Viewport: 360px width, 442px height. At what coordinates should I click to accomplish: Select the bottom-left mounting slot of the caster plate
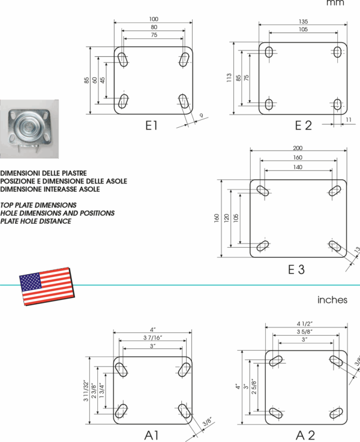[x=13, y=139]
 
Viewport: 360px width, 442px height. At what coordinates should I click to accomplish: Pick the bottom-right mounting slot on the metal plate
[x=46, y=138]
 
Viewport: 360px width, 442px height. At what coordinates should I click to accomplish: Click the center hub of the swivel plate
[x=29, y=127]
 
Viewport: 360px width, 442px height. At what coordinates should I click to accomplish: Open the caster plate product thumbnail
[x=29, y=129]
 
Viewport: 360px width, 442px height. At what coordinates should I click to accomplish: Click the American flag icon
[x=46, y=286]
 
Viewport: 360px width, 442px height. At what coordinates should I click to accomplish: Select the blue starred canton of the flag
[x=31, y=281]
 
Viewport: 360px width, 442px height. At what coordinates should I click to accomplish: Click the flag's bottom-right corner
[x=73, y=296]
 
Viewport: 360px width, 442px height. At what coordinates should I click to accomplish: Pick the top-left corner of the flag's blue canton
[x=20, y=276]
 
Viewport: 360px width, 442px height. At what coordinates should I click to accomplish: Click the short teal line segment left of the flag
[x=9, y=285]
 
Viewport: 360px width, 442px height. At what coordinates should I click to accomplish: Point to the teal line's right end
[x=358, y=285]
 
